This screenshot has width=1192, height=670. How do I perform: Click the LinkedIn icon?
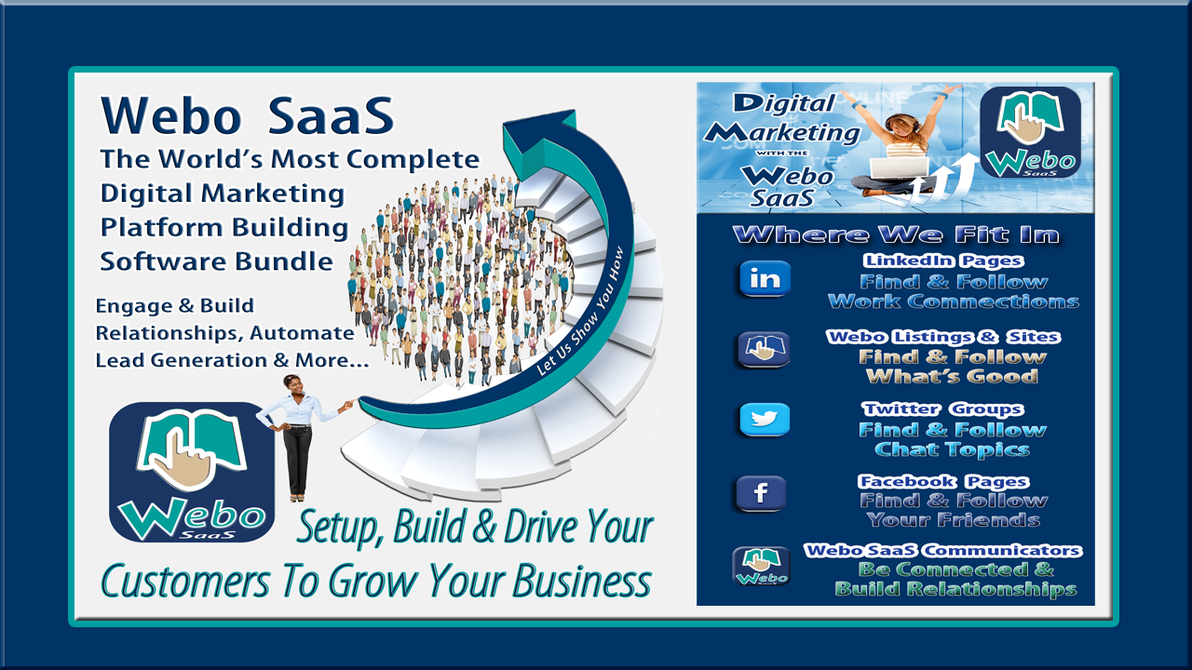point(765,278)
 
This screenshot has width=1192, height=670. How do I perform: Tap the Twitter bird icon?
point(765,420)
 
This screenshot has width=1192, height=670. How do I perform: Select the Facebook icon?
point(761,493)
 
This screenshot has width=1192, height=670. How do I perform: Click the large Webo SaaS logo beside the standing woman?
point(192,472)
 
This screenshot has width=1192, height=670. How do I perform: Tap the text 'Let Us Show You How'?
point(579,312)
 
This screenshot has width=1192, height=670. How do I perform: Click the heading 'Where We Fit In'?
point(896,234)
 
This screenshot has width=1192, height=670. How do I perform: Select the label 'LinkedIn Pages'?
point(943,261)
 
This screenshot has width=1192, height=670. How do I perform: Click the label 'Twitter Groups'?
point(942,409)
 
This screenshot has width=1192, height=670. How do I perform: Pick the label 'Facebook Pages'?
point(943,481)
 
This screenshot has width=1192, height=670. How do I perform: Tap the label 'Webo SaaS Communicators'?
point(942,550)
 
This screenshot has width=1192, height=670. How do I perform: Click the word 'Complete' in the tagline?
point(413,159)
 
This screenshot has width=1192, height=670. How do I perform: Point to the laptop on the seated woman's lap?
point(899,168)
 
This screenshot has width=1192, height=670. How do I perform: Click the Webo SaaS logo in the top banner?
point(1030,132)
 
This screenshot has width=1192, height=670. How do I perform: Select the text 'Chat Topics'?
point(952,449)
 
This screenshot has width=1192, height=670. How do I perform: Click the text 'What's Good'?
point(952,376)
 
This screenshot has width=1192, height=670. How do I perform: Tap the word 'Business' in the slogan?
point(582,582)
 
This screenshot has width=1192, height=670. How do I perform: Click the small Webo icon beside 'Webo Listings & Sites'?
point(764,349)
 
